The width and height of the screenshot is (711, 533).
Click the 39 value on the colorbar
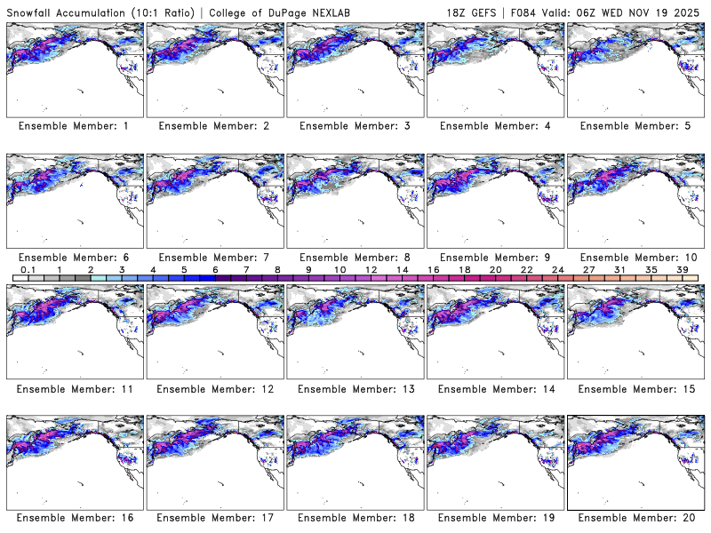point(682,269)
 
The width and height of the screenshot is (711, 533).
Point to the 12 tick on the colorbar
point(371,269)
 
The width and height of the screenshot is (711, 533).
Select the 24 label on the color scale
point(557,269)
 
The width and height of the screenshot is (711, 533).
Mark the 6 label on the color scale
point(215,269)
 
